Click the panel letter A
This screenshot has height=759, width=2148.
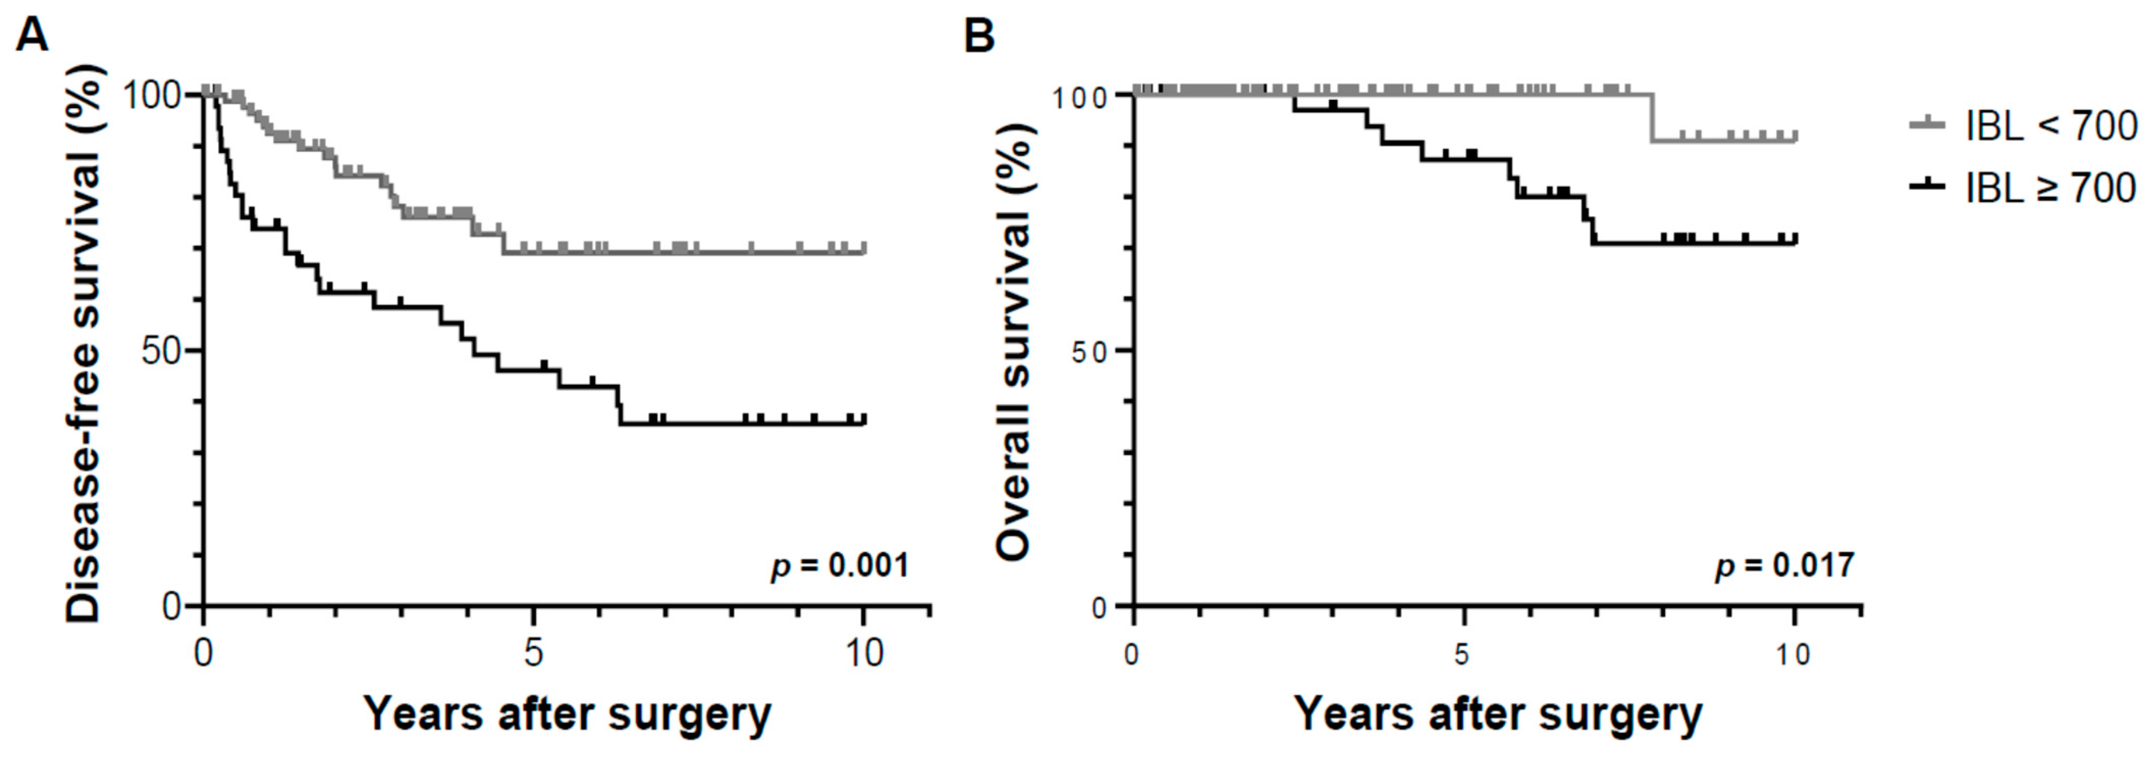[32, 36]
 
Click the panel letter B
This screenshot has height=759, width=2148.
[980, 36]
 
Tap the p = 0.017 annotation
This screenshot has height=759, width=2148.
[1784, 566]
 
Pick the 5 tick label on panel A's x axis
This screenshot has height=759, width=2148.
[533, 653]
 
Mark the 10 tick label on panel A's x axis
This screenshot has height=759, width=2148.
[864, 653]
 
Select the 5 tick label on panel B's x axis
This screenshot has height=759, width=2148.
[1462, 655]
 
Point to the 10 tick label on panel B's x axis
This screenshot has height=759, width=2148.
[1792, 655]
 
